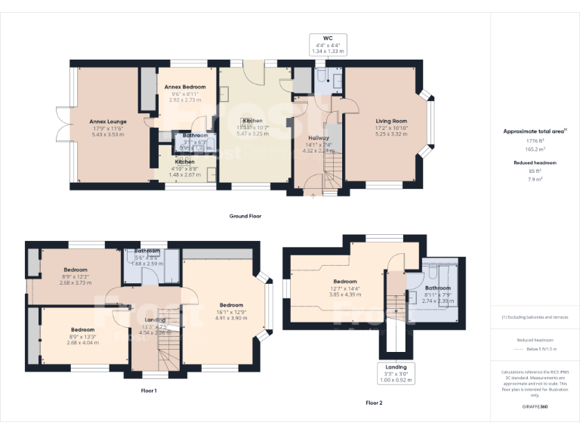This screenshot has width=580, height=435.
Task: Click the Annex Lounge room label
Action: coord(108,121)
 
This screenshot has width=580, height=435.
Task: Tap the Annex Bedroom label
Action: coord(185,87)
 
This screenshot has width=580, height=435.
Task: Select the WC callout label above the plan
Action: coord(328,37)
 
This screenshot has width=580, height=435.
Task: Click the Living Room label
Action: coord(392,121)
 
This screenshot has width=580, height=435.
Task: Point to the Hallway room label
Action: coord(317,138)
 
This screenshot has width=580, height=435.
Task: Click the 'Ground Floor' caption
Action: coord(246,216)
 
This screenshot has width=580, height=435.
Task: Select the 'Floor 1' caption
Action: coord(148,390)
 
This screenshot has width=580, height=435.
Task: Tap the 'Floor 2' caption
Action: coord(374,403)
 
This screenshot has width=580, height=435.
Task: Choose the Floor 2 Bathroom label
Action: coord(437,288)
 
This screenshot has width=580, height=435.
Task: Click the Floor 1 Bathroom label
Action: coord(147,251)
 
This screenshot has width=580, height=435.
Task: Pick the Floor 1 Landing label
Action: coord(154,319)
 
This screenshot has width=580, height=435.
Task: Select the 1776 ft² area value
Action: coord(535,141)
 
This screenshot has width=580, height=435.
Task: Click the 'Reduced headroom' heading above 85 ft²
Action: coord(535,163)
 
